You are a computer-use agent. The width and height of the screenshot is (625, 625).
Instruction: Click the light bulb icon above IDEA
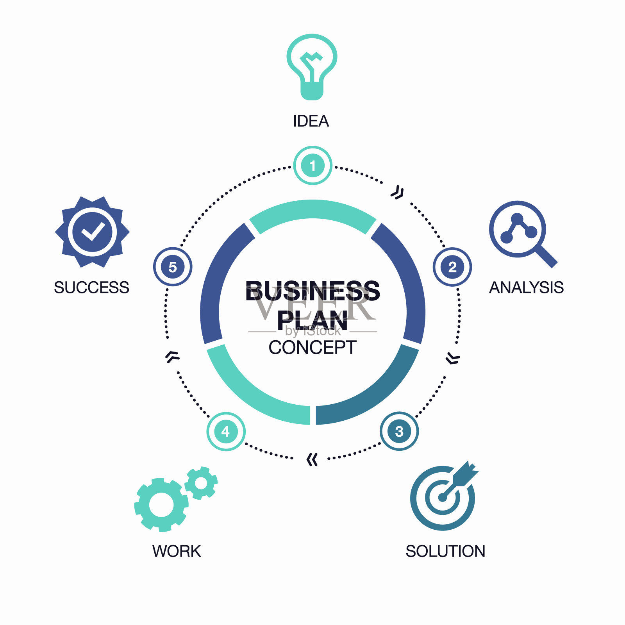[312, 66]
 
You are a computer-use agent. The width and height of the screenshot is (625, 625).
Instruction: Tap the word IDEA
[311, 121]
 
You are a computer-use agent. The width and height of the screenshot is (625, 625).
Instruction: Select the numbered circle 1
[312, 166]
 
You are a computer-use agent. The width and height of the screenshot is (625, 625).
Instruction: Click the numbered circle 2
[452, 267]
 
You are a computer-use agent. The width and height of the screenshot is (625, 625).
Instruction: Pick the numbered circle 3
[399, 431]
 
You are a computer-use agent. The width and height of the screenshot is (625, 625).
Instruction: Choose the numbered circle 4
[226, 431]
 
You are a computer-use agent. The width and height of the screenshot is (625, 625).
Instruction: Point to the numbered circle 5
[173, 267]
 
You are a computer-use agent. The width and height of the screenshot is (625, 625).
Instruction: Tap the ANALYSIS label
[526, 287]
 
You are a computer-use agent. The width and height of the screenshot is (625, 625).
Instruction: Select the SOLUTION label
[445, 551]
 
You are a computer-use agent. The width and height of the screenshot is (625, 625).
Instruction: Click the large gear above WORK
[161, 504]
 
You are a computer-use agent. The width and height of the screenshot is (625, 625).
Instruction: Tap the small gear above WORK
[201, 483]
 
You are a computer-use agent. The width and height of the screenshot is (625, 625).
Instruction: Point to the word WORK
[177, 551]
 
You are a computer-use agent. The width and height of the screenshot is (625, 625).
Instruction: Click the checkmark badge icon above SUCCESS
[92, 232]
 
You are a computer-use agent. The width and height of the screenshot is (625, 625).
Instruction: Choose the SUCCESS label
[91, 287]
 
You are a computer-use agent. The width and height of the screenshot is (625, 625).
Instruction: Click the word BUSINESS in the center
[312, 291]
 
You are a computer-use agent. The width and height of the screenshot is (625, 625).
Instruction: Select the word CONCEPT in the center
[312, 347]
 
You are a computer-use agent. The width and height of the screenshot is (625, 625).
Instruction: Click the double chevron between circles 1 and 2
[398, 193]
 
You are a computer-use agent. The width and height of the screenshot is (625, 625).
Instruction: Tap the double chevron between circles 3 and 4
[312, 460]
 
